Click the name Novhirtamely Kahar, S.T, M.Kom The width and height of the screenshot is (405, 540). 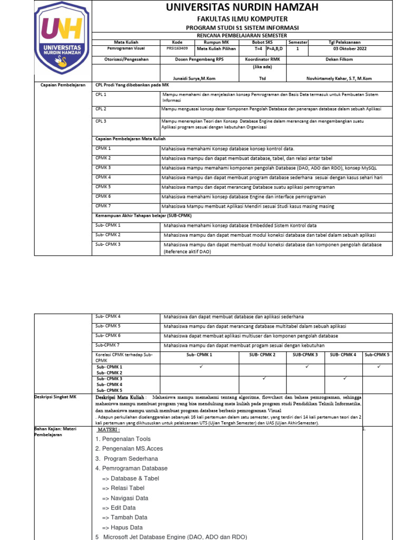[346, 78]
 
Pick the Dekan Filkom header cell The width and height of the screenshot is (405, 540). [346, 60]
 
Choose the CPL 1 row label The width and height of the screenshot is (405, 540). [101, 94]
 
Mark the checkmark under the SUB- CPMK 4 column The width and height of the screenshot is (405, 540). [343, 378]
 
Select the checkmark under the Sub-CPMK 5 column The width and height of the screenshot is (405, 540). [378, 366]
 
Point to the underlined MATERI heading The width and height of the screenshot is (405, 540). [110, 430]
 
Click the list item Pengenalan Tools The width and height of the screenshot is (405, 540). [123, 439]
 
